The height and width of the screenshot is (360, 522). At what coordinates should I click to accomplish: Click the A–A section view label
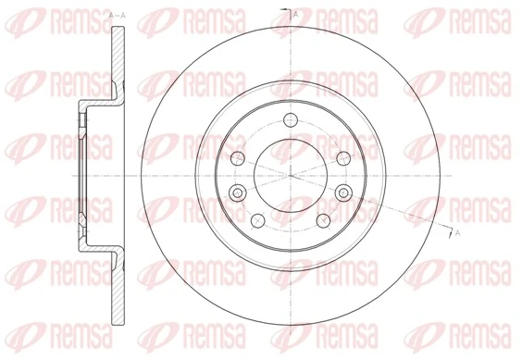117,17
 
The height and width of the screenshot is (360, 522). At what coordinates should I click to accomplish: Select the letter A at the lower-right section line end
456,233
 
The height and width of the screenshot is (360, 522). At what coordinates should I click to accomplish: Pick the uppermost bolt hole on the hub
290,118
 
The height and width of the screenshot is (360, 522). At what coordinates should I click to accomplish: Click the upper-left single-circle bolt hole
238,155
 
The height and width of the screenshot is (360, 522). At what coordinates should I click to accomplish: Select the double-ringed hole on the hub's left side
235,192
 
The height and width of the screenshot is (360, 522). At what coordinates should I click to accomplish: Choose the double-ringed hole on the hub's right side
344,192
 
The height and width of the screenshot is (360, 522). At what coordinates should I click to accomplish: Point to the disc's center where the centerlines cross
290,178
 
